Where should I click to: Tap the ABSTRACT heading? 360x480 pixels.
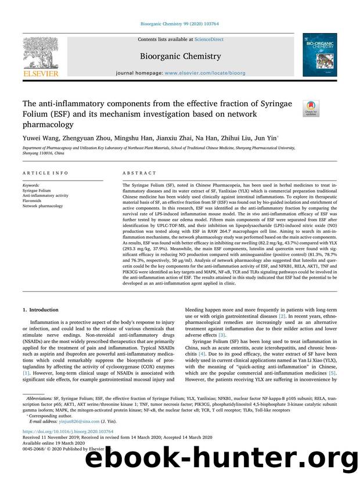coord(139,172)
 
